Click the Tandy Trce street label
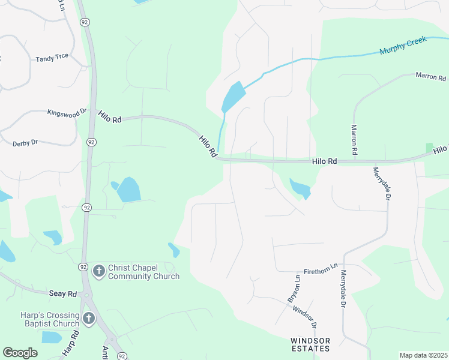click(52, 58)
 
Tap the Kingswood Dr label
click(67, 112)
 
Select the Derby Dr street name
click(25, 143)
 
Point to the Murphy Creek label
click(403, 45)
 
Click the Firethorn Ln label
click(321, 271)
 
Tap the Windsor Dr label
click(305, 316)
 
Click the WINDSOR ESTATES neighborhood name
click(310, 344)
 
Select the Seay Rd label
click(63, 293)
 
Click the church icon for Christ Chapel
click(98, 271)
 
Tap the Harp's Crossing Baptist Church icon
click(89, 318)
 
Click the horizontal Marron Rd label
click(431, 77)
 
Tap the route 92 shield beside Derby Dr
click(91, 142)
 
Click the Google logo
click(20, 353)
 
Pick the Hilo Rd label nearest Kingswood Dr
click(110, 119)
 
